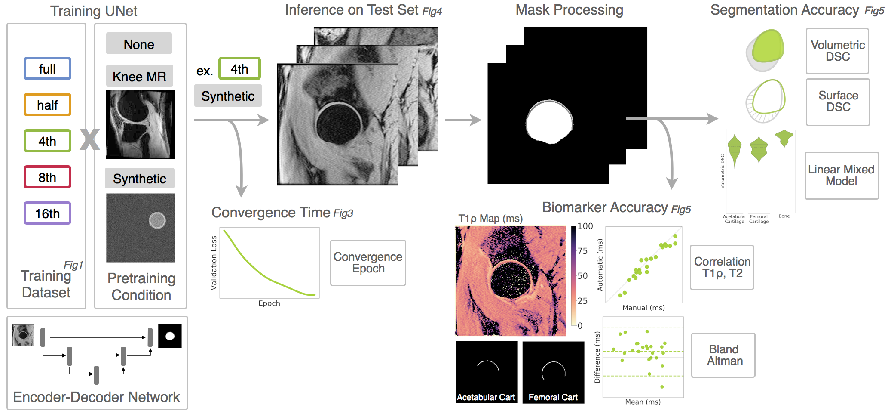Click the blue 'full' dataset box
[x=47, y=69]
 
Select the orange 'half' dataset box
[x=47, y=105]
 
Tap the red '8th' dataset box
[x=47, y=177]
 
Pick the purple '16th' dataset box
[x=47, y=213]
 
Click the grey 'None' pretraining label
[x=139, y=44]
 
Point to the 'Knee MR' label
[x=139, y=76]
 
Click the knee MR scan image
[x=140, y=125]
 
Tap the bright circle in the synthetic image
[x=157, y=220]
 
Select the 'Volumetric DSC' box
[x=837, y=51]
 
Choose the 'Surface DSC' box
[x=838, y=102]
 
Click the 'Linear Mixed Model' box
[x=841, y=176]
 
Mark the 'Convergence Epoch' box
[x=368, y=263]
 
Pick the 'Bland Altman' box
[x=724, y=355]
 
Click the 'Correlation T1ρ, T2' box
[x=722, y=267]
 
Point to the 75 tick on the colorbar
[x=582, y=251]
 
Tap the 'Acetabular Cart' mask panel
[x=487, y=372]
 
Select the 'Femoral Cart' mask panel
[x=553, y=372]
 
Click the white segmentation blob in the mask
[x=549, y=122]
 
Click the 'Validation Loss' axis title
[x=214, y=263]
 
